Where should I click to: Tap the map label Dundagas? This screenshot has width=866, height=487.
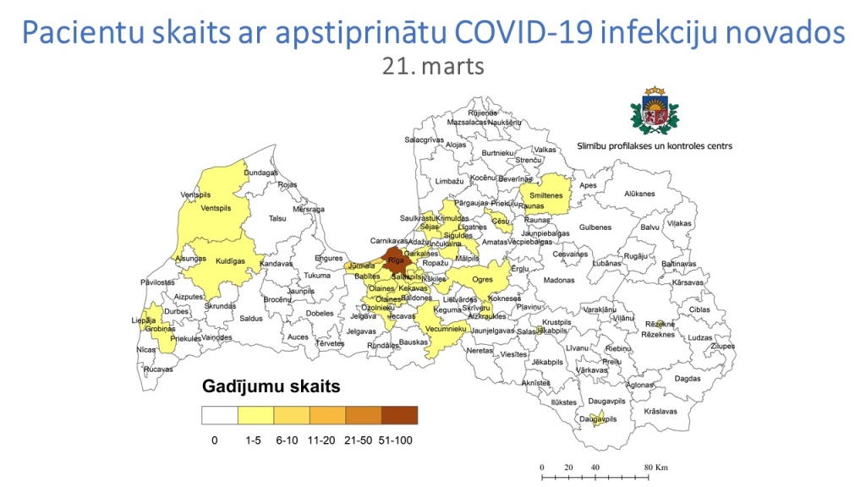pyautogui.click(x=261, y=173)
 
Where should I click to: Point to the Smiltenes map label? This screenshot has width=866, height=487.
pyautogui.click(x=547, y=196)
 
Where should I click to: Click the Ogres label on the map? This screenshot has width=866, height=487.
pyautogui.click(x=482, y=279)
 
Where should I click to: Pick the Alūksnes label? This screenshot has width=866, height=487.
pyautogui.click(x=640, y=194)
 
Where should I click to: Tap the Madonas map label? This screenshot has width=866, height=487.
pyautogui.click(x=559, y=280)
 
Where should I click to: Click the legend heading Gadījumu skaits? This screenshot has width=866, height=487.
pyautogui.click(x=271, y=387)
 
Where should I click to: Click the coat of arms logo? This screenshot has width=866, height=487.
pyautogui.click(x=653, y=110)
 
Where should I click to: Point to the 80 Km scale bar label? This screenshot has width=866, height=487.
pyautogui.click(x=656, y=467)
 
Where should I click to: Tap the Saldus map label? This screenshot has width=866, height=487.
pyautogui.click(x=251, y=319)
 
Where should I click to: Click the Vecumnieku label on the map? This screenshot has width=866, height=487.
pyautogui.click(x=443, y=328)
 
